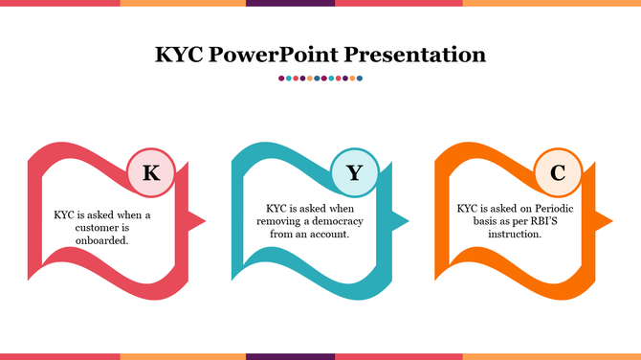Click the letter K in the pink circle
click(150, 173)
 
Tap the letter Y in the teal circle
click(355, 173)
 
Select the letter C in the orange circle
click(557, 173)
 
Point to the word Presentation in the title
click(415, 54)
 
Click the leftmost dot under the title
click(281, 79)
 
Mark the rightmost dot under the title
click(360, 79)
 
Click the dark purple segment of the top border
click(290, 3)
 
